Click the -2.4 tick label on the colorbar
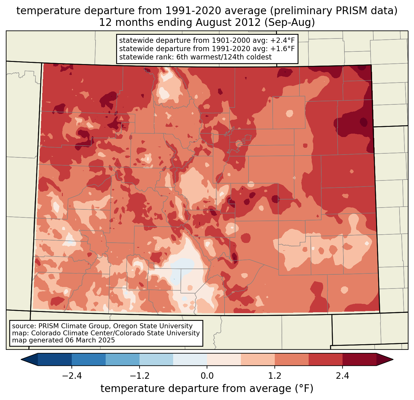(72, 376)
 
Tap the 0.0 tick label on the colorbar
(207, 376)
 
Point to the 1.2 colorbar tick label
(275, 376)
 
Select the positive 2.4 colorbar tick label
(342, 376)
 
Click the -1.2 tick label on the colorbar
(139, 376)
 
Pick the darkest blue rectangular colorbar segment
(55, 359)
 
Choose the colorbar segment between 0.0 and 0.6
(224, 359)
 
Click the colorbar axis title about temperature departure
(207, 389)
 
